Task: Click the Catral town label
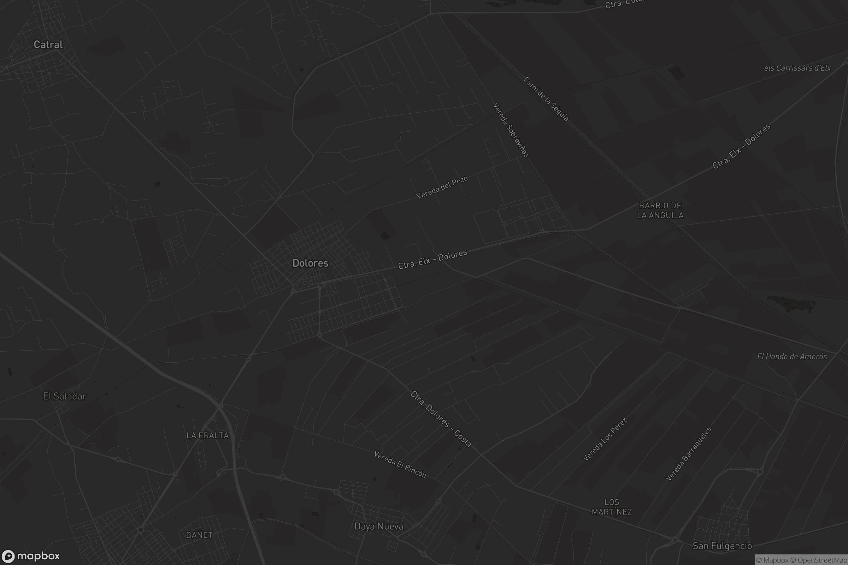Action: (48, 45)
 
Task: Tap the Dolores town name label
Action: (310, 263)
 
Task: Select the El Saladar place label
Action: (65, 396)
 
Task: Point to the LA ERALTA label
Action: (207, 435)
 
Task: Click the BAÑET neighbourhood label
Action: (199, 535)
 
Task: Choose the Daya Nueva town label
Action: (378, 527)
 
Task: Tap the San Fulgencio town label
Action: (722, 546)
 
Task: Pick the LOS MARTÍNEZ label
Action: (612, 507)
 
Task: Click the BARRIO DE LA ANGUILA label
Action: (660, 210)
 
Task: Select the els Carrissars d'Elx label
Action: (797, 68)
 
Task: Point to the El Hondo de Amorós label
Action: (792, 356)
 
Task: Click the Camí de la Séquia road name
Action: (546, 99)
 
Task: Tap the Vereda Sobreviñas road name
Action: (511, 130)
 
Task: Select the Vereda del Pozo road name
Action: (442, 188)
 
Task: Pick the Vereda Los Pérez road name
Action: (605, 439)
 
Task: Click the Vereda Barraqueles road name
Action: (688, 454)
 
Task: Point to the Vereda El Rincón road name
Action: (400, 464)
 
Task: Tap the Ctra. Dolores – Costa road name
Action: (441, 419)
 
